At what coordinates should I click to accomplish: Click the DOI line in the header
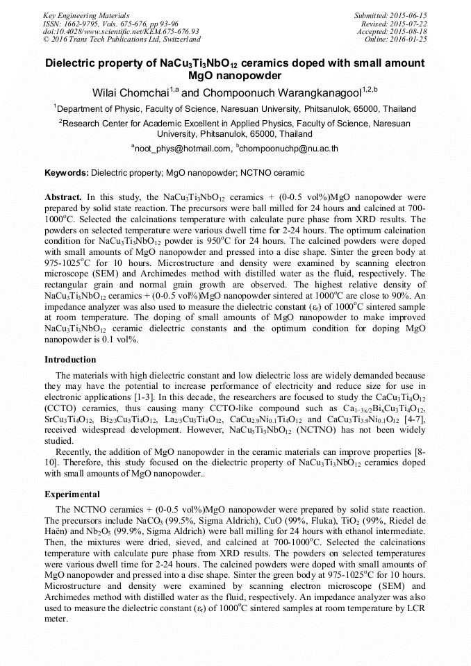pos(121,31)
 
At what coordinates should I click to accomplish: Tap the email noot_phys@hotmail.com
pos(182,148)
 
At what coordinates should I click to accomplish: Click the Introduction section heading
pos(70,360)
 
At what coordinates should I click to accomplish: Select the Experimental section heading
pos(72,494)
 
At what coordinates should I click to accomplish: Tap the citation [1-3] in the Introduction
pos(152,397)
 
